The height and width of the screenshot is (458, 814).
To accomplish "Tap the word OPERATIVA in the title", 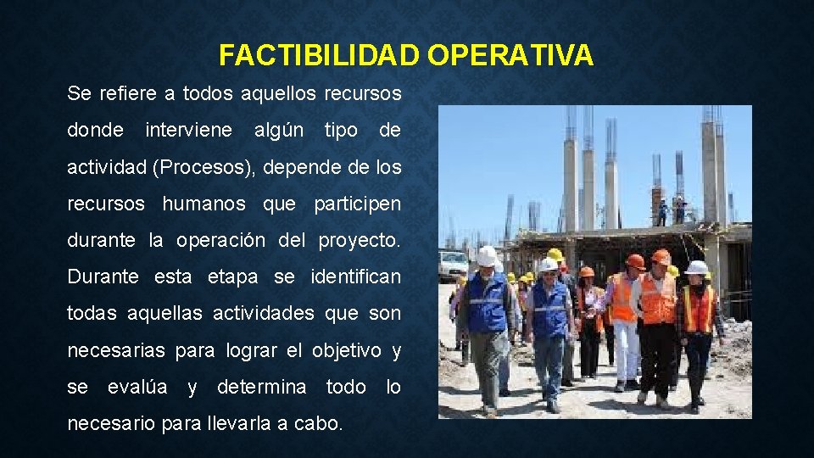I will point(510,55).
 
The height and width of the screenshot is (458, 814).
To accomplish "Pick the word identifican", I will point(356,276).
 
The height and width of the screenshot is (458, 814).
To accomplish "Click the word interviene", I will point(188,130).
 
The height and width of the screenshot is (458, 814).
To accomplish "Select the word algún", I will point(279,130).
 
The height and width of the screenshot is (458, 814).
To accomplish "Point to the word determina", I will point(262,387).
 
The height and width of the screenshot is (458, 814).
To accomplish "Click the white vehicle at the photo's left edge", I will point(451,265).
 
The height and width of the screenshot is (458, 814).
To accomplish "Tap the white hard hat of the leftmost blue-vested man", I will point(487,254).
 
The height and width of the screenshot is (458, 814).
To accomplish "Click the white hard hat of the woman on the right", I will point(697,267).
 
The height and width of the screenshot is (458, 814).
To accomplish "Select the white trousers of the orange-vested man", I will point(626,348).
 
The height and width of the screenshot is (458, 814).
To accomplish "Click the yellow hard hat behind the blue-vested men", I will point(555,254).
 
